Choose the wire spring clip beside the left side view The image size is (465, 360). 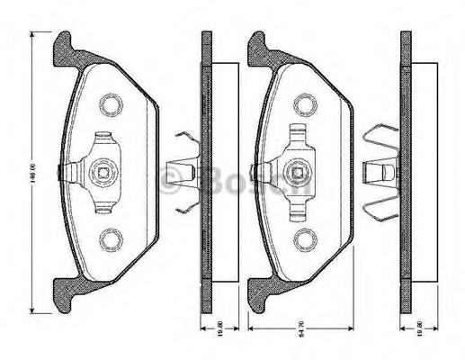click(184, 172)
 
